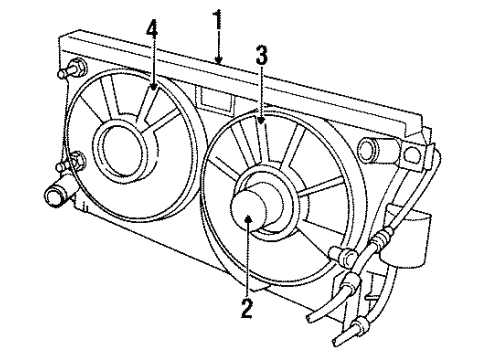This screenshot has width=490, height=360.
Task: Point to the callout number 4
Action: (x=152, y=31)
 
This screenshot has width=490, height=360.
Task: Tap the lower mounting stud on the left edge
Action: (x=75, y=160)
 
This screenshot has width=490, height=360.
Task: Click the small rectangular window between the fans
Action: (x=213, y=98)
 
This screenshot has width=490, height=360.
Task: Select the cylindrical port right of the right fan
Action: (x=372, y=149)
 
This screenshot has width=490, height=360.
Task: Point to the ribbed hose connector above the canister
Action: (x=382, y=239)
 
